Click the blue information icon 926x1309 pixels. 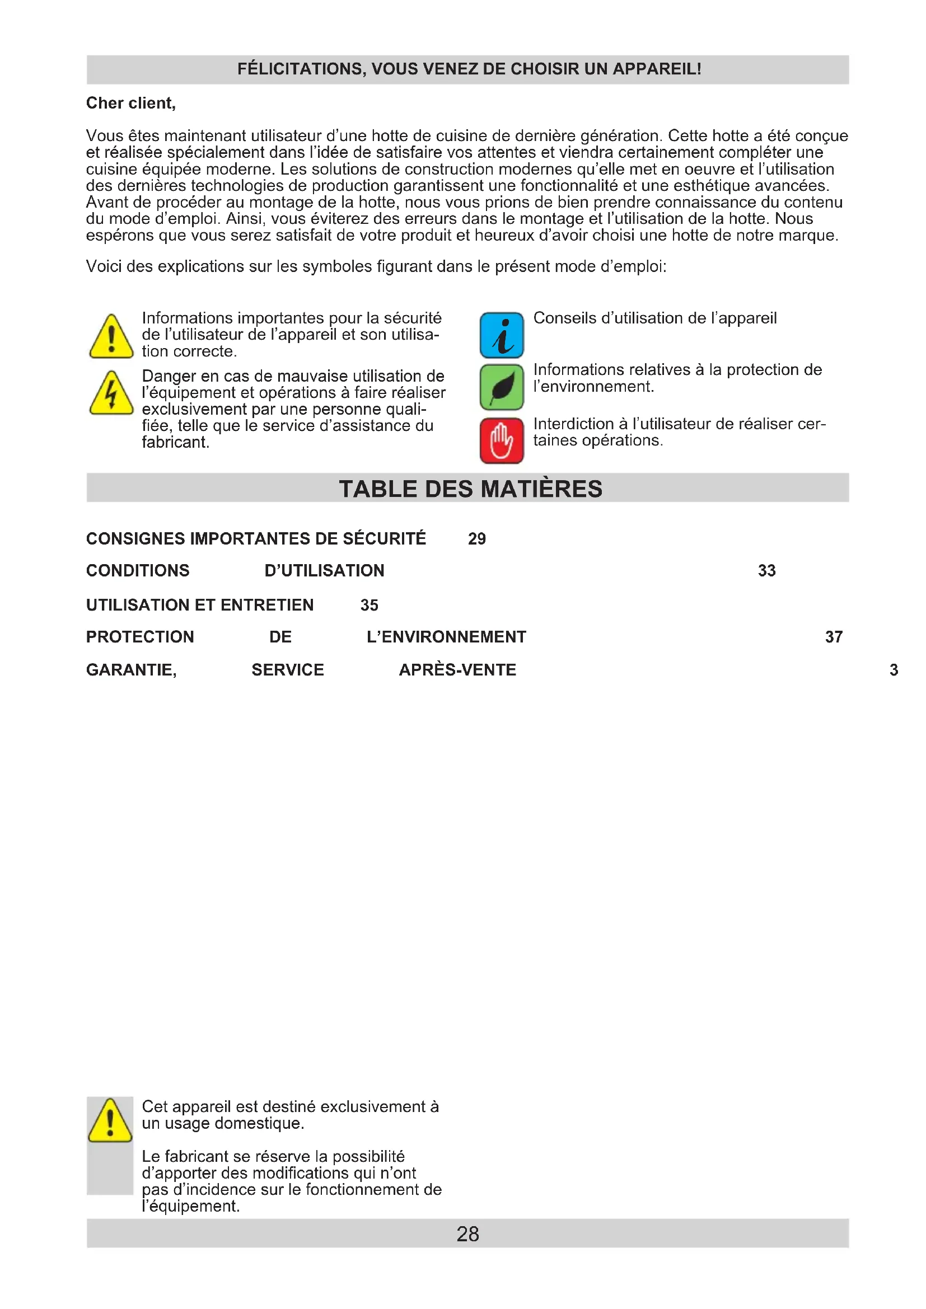click(501, 335)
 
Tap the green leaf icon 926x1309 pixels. click(501, 387)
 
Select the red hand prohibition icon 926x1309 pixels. click(501, 440)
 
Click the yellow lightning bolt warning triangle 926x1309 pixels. click(112, 394)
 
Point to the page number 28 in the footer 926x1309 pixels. click(467, 1235)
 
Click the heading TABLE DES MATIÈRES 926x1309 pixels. click(470, 489)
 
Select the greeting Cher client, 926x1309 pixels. click(130, 103)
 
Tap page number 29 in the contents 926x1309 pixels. click(476, 539)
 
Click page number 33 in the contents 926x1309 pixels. click(766, 571)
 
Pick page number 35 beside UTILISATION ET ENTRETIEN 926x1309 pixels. click(369, 605)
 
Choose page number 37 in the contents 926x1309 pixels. click(834, 637)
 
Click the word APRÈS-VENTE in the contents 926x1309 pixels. click(457, 670)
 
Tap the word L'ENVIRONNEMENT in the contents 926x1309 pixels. click(446, 637)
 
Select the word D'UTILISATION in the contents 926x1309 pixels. click(325, 571)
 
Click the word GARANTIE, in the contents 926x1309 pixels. click(131, 670)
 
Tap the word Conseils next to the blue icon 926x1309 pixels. click(564, 318)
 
